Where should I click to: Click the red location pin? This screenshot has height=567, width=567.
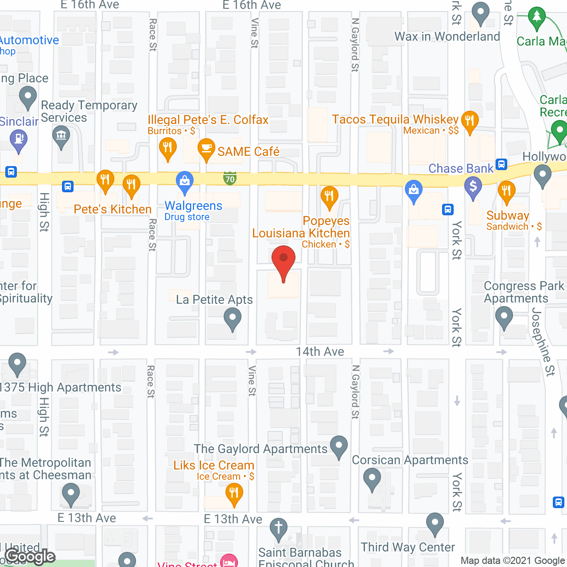(283, 260)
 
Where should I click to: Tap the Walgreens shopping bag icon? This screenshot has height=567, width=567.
(185, 181)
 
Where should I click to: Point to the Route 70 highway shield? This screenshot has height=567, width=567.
(230, 178)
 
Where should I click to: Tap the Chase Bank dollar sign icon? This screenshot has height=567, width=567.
(473, 186)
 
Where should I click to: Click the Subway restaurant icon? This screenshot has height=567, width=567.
(506, 190)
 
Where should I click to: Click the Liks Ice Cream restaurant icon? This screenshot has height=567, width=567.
(234, 493)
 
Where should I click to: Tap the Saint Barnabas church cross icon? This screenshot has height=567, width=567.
(279, 528)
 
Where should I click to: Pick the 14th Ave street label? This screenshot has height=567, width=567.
(320, 352)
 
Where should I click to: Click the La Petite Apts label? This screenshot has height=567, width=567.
(214, 300)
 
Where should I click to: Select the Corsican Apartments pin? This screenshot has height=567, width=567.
(372, 478)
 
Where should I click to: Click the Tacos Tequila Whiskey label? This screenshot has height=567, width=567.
(395, 120)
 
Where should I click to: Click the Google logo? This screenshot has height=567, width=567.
(30, 556)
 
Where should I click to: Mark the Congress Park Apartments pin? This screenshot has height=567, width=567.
(504, 316)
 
